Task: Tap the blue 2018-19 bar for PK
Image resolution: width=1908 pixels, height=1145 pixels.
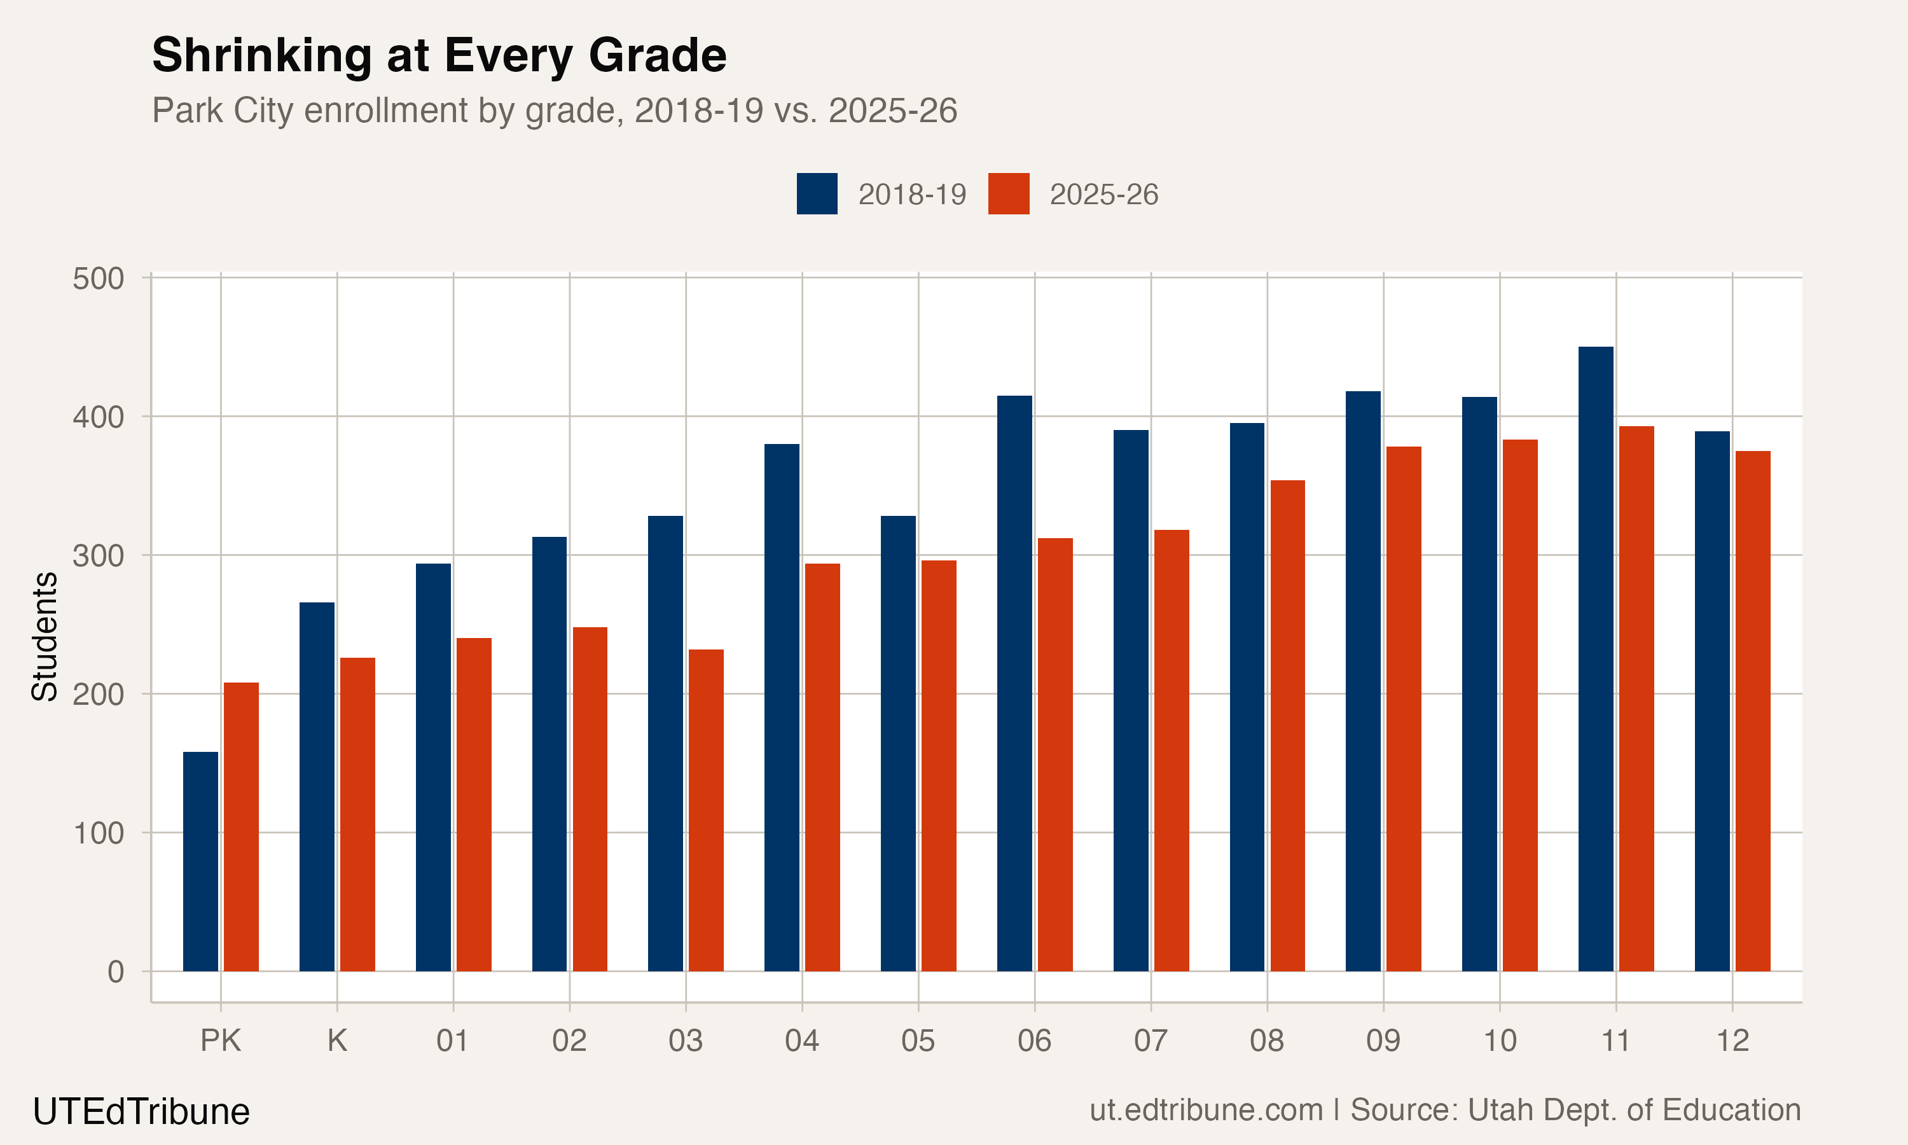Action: click(200, 861)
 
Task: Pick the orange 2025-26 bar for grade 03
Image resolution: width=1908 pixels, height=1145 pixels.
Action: click(706, 810)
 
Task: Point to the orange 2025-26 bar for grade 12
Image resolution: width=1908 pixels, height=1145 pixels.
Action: click(1752, 711)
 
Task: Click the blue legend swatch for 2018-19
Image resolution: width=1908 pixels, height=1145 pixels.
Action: click(817, 193)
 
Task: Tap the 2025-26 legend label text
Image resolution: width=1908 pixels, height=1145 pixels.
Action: click(1103, 195)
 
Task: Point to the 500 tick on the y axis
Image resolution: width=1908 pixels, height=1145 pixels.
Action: click(98, 279)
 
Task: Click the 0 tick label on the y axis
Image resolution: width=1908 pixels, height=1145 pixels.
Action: click(116, 971)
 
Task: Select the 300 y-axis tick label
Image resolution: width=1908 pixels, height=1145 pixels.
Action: click(98, 555)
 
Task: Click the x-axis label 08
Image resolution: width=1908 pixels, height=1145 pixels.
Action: click(1266, 1041)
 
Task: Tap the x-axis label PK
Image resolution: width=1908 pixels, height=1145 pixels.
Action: click(221, 1041)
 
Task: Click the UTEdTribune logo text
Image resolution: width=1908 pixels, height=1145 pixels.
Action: click(141, 1112)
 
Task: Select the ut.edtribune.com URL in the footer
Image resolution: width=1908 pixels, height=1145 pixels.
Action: click(1205, 1109)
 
